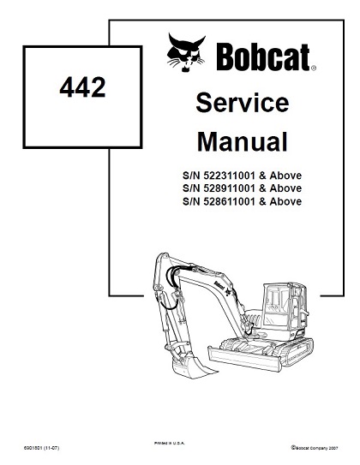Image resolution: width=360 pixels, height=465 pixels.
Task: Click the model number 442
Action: tap(82, 87)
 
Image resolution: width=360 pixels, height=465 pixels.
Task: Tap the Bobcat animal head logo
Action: tap(186, 52)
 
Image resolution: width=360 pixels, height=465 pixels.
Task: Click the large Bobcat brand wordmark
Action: tap(263, 57)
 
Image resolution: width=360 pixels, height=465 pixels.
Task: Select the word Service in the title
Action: tap(243, 102)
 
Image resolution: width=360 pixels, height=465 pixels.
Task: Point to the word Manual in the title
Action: tap(243, 142)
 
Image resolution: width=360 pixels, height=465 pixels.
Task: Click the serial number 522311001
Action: tap(229, 176)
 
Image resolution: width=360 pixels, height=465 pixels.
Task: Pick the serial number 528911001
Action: tap(229, 188)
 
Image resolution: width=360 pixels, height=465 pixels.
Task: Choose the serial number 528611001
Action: tap(229, 201)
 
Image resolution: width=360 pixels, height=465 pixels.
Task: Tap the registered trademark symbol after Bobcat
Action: tap(314, 69)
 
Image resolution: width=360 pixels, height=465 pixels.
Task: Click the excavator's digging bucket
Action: tap(190, 367)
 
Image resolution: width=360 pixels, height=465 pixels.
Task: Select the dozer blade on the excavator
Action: tap(244, 358)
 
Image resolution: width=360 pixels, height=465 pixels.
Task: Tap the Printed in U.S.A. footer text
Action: tap(169, 444)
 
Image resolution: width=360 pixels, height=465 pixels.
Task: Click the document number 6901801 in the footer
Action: tap(33, 448)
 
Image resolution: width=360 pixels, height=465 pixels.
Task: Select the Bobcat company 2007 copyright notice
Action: tap(315, 448)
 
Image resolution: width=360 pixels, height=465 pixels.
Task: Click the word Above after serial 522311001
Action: tap(285, 176)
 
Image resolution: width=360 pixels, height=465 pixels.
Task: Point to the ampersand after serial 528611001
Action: tap(262, 201)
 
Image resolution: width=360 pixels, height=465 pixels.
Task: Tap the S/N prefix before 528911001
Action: tap(191, 188)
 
